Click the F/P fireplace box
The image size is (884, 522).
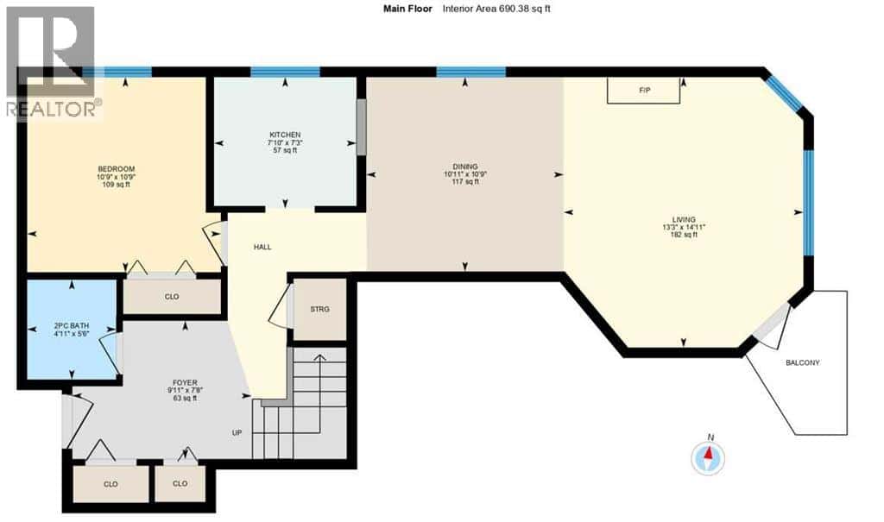coord(643,91)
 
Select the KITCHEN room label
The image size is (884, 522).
coord(285,135)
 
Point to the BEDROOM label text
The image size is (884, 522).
coord(117,169)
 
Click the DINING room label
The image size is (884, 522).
coord(465,167)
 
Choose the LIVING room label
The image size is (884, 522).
coord(684,220)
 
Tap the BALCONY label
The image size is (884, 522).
coord(803,363)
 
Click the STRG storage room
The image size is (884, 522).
coord(319,310)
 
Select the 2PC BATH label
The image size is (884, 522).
coord(72,326)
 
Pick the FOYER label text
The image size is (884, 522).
coord(181,382)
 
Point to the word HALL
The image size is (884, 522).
coord(262,247)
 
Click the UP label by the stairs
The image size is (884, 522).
coord(237,433)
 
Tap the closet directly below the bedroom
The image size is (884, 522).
coord(172,297)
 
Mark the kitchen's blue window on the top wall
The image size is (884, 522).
coord(285,72)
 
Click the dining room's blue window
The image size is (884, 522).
coord(471,72)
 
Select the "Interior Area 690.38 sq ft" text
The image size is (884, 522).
coord(496,9)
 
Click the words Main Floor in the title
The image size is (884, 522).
coord(407,9)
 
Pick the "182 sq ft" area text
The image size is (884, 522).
coord(684,235)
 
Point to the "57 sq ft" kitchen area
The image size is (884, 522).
coord(285,150)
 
